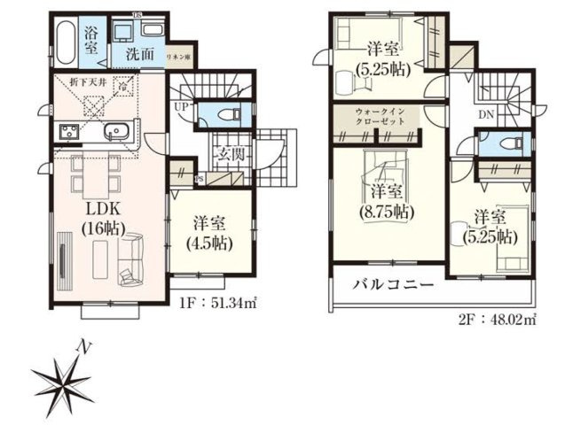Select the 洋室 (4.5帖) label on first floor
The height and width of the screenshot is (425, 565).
(x=210, y=229)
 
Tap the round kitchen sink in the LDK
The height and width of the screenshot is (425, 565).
(x=116, y=134)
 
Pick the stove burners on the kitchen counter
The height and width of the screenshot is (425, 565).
(x=69, y=134)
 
